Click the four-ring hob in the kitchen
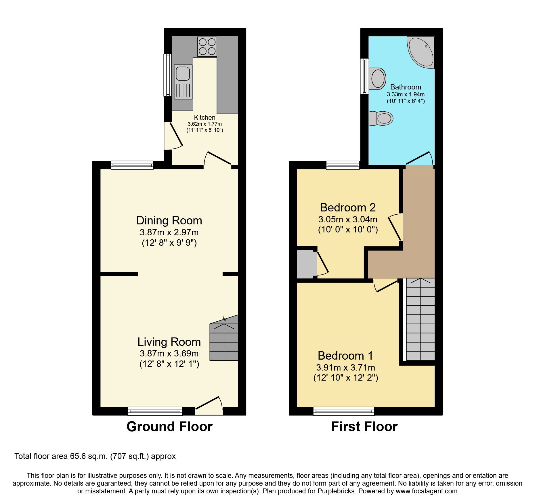207,47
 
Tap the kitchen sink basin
183,73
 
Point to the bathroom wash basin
378,78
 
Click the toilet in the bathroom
381,118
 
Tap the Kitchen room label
205,117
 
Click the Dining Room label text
169,221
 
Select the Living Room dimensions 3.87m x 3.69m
169,353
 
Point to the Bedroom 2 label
348,207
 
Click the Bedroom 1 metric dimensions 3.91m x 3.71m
345,367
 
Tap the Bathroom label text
406,87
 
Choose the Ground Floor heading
169,427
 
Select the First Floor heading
364,427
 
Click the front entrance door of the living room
209,406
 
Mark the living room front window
155,411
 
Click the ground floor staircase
224,341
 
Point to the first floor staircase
420,319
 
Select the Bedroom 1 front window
344,411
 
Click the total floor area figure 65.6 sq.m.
89,456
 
